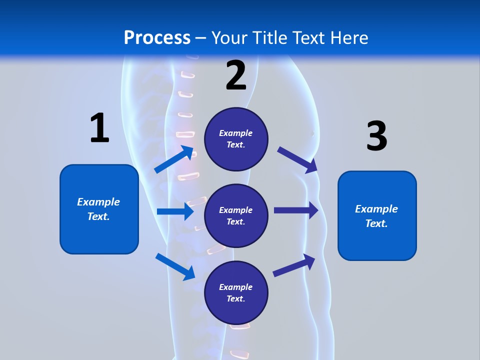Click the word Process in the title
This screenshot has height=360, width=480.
point(157,38)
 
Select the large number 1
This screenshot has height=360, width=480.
point(99,128)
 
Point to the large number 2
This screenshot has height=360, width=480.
point(236,75)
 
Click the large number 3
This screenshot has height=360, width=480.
point(377,136)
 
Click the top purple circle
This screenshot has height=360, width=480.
point(236,139)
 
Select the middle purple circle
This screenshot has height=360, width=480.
point(236,215)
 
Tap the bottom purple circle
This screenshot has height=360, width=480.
point(236,293)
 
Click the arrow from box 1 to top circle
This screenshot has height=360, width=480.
point(173,159)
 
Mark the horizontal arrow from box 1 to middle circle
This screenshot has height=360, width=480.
point(175,211)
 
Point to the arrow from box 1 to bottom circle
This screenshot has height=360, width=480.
point(175,266)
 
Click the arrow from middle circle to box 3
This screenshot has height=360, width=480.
point(296,210)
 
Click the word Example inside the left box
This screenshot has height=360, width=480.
point(98,202)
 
